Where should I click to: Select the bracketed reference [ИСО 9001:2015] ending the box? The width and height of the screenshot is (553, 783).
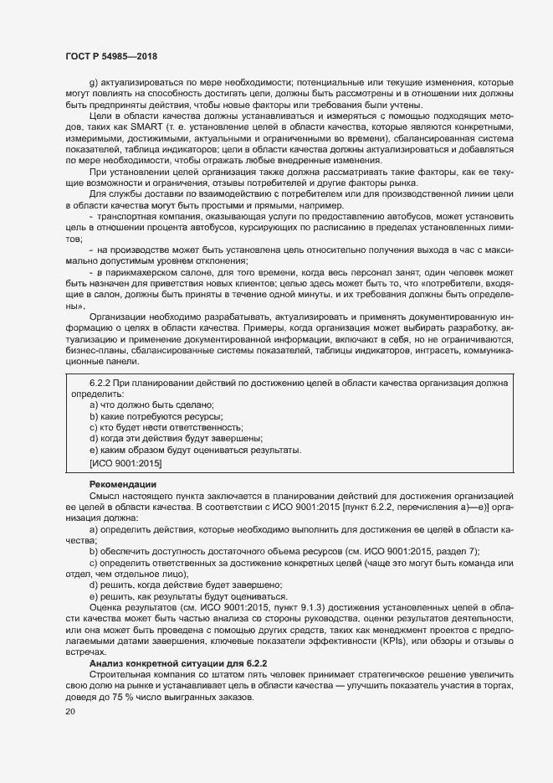coord(125,463)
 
